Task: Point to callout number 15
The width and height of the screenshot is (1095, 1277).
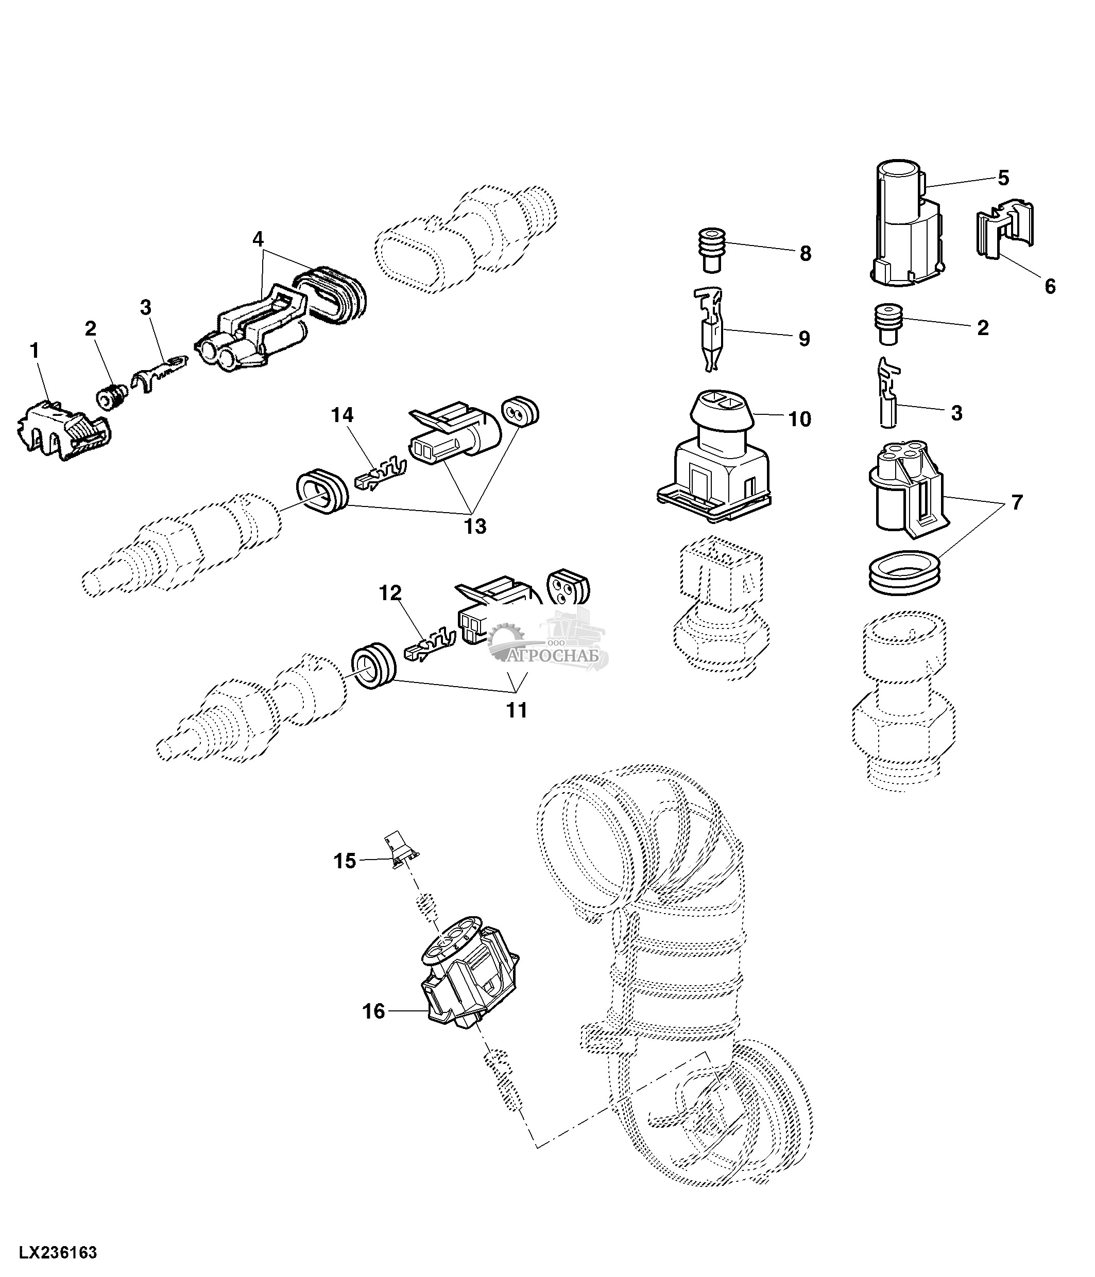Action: tap(345, 861)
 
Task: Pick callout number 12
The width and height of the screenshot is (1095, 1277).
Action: tap(390, 593)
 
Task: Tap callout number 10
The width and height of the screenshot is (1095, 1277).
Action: tap(800, 419)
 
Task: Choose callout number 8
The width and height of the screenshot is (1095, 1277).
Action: tap(805, 253)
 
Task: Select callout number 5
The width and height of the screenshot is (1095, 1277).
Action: tap(1003, 179)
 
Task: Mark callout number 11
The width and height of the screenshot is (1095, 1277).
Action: tap(517, 711)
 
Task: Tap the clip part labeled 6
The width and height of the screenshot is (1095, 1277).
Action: tap(1005, 234)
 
